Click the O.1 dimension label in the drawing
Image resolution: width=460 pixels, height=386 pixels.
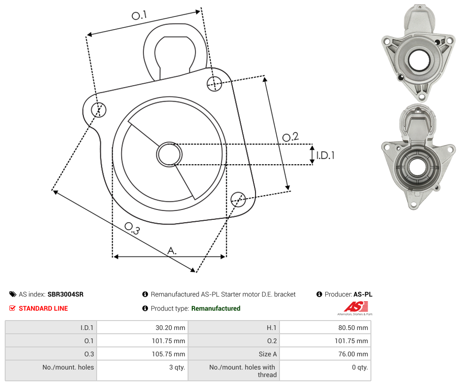pyautogui.click(x=139, y=15)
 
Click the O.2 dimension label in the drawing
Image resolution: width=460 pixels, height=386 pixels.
pyautogui.click(x=290, y=137)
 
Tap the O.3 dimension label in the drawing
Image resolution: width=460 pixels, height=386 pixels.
pyautogui.click(x=132, y=228)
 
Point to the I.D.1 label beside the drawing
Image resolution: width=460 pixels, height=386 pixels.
pyautogui.click(x=325, y=155)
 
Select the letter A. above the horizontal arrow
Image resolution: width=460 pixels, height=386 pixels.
pyautogui.click(x=172, y=251)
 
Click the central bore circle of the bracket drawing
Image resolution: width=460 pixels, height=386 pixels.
pyautogui.click(x=169, y=154)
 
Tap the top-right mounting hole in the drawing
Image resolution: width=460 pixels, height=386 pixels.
pyautogui.click(x=214, y=83)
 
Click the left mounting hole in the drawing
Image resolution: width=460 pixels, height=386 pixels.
pyautogui.click(x=99, y=110)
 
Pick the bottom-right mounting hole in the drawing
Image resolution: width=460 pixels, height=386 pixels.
pyautogui.click(x=238, y=200)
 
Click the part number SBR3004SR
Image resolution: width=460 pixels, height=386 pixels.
pyautogui.click(x=66, y=294)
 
